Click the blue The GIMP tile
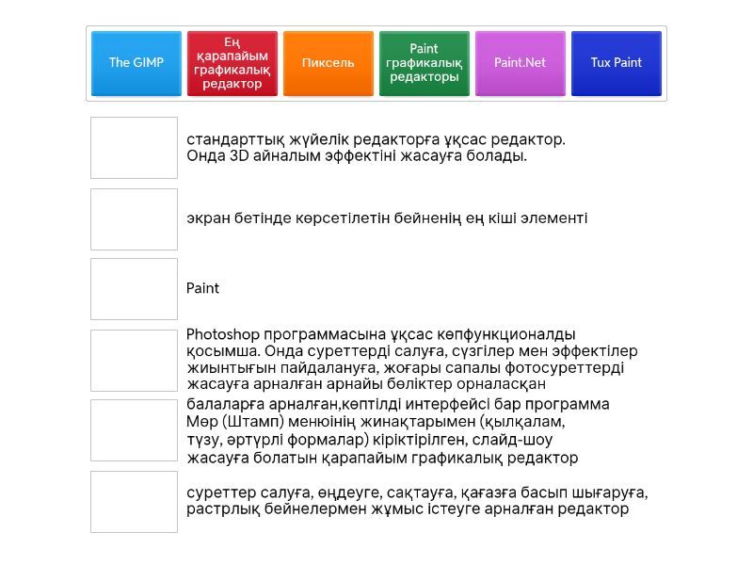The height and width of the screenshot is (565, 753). click(x=136, y=63)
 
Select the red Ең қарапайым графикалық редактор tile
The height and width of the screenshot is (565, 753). click(x=232, y=63)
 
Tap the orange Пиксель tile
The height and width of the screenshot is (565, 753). click(x=328, y=63)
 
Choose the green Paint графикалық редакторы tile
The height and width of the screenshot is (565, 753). click(x=425, y=63)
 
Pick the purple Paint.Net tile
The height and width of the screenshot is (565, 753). click(x=521, y=63)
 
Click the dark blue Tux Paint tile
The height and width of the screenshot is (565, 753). click(x=617, y=63)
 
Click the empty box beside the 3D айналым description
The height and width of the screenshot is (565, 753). click(x=134, y=148)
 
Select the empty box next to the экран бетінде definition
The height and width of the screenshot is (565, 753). click(x=134, y=218)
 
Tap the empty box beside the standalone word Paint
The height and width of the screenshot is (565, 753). click(x=134, y=289)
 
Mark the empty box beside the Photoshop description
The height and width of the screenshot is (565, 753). click(x=134, y=360)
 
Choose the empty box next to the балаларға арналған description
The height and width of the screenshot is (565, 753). click(x=134, y=430)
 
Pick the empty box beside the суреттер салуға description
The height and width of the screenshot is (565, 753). click(x=134, y=501)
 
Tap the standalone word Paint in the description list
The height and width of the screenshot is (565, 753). click(x=202, y=288)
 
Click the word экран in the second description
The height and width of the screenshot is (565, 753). click(x=207, y=218)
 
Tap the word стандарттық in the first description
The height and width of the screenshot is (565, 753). click(x=232, y=139)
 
